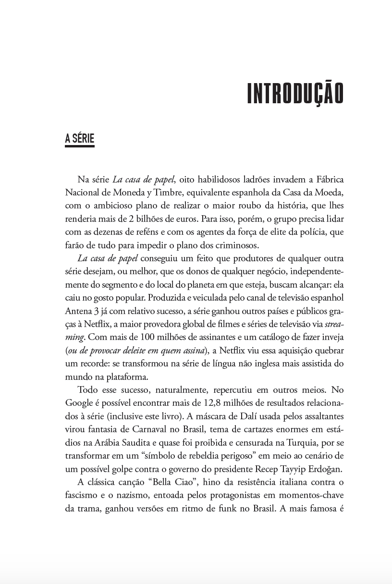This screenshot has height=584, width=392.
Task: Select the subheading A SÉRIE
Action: point(80,139)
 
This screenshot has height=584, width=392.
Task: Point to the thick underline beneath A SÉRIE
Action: point(80,146)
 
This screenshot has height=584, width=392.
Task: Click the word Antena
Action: point(78,310)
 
